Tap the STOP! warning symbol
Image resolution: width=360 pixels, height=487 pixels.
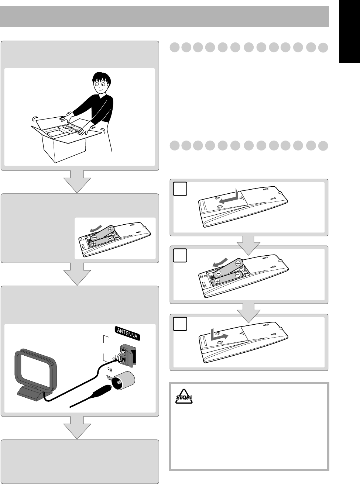(184, 397)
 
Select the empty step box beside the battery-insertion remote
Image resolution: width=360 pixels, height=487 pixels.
(180, 256)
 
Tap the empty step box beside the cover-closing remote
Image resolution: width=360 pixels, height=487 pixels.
(180, 324)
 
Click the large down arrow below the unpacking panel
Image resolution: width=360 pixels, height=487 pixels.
(77, 181)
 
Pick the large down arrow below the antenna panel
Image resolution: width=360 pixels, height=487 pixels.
(77, 428)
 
